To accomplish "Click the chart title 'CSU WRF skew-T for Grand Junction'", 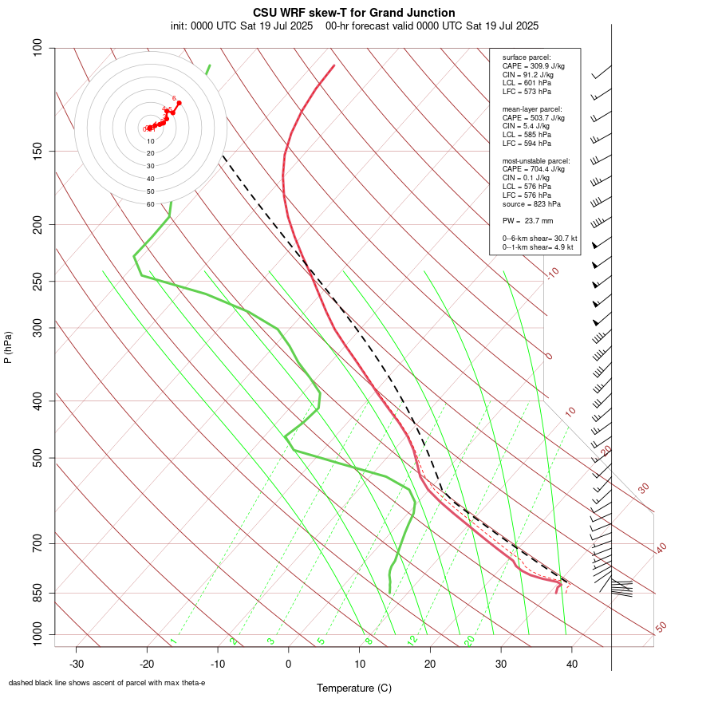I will [x=354, y=13].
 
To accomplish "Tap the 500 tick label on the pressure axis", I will [x=38, y=458].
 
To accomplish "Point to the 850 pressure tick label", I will [x=38, y=593].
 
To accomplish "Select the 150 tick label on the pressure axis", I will [x=38, y=151].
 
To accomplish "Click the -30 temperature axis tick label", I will [x=77, y=664].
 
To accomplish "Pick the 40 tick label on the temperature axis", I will [x=572, y=664].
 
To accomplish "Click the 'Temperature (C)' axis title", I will [x=354, y=688].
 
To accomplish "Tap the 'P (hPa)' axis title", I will [x=8, y=347].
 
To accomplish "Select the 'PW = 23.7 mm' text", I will [x=527, y=221].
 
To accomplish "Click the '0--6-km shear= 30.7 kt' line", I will [x=539, y=239].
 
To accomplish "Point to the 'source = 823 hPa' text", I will [x=528, y=203].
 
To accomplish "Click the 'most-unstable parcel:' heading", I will [x=535, y=160].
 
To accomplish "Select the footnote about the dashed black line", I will [x=107, y=683].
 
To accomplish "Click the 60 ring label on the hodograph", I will [x=150, y=204].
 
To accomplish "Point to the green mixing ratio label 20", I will [x=470, y=641].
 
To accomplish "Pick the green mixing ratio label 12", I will [x=412, y=641].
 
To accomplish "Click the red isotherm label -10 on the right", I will [x=551, y=273].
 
